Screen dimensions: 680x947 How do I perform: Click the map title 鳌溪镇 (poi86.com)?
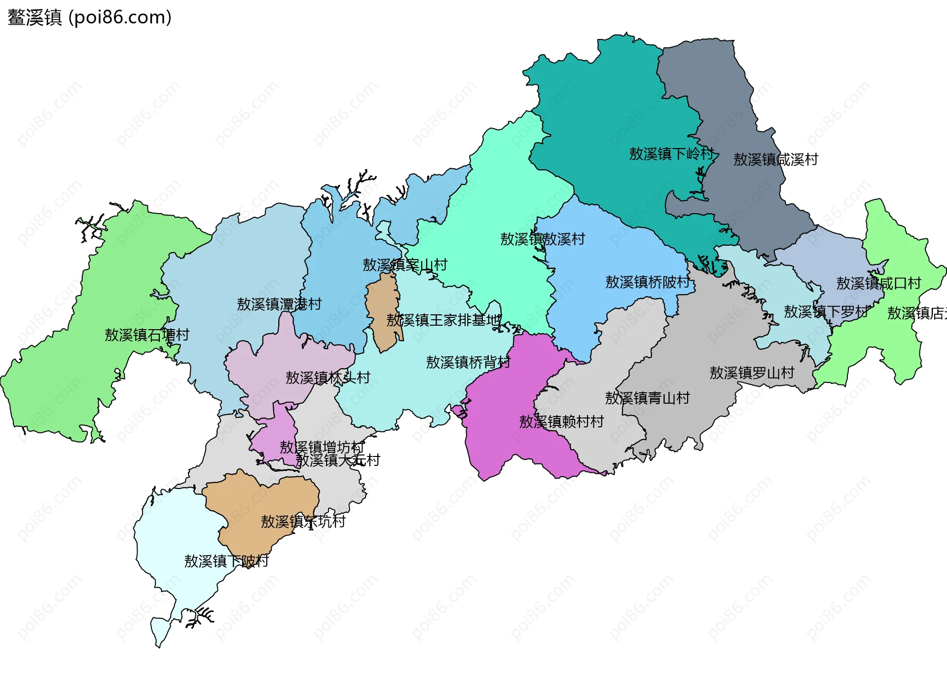(x=89, y=17)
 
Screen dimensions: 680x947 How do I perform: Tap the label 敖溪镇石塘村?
(x=147, y=335)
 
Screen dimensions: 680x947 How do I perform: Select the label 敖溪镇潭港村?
(x=279, y=304)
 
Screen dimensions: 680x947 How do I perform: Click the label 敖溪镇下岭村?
(x=671, y=154)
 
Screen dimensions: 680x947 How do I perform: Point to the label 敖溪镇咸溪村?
(x=775, y=159)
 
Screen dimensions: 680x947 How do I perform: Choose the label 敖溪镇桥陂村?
(x=648, y=282)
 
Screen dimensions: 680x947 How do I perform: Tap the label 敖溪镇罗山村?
(x=752, y=373)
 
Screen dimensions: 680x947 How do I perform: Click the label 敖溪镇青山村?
(x=647, y=398)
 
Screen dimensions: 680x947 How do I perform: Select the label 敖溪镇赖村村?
(x=561, y=421)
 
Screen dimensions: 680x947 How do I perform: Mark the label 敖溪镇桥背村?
(x=468, y=362)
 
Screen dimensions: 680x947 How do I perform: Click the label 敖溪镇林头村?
(x=328, y=378)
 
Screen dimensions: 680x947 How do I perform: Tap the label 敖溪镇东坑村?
(x=303, y=521)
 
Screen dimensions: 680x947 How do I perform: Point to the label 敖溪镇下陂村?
(x=226, y=561)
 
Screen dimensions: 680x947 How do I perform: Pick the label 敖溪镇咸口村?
(x=878, y=283)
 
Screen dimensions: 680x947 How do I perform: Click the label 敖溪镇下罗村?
(x=826, y=312)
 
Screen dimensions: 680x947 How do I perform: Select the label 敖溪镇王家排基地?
(x=443, y=320)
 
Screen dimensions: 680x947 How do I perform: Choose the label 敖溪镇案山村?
(x=404, y=265)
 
